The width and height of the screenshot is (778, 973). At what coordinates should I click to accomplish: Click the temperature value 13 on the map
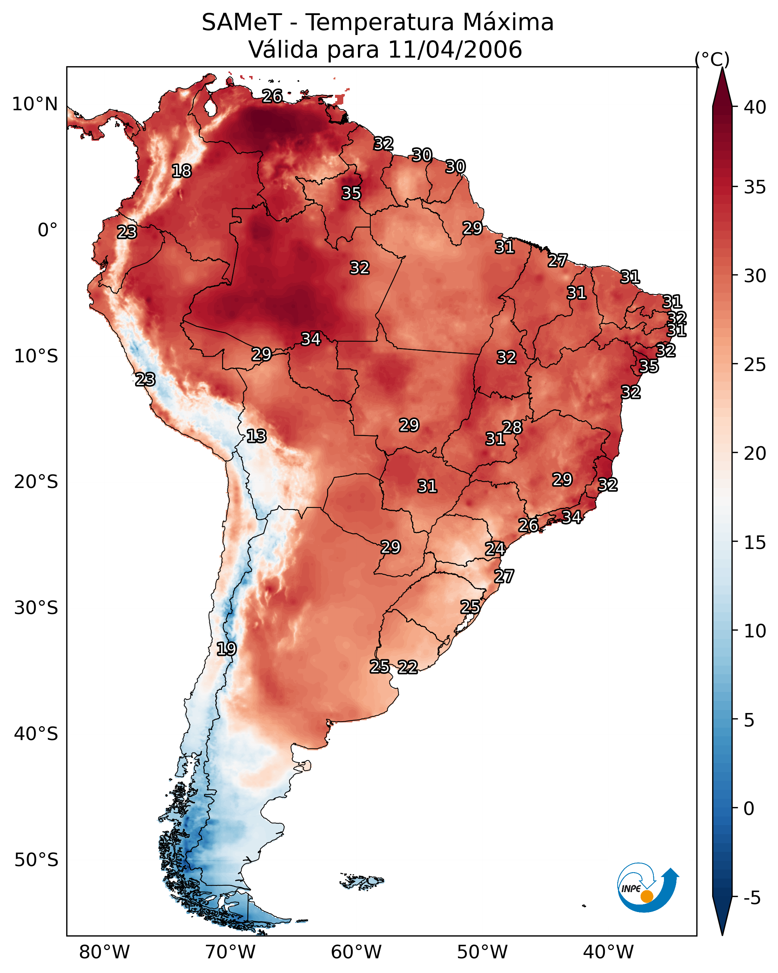tap(256, 436)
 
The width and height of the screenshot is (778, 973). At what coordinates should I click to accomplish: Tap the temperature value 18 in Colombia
tap(181, 171)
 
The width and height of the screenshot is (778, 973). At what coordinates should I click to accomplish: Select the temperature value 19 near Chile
tap(226, 649)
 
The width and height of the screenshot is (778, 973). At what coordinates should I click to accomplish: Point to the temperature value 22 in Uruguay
tap(407, 667)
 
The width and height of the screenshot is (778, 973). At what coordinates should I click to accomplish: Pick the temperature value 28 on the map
tap(512, 427)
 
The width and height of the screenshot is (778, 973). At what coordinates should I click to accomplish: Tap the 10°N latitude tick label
tap(35, 104)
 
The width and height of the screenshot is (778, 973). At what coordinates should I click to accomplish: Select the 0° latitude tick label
tap(47, 230)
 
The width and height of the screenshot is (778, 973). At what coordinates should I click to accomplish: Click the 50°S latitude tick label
tap(36, 860)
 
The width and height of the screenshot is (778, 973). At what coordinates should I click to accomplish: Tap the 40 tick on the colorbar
tap(755, 107)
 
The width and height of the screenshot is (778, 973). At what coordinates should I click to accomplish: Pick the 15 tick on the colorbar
tap(755, 542)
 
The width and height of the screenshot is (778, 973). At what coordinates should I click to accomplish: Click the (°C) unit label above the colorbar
tap(712, 59)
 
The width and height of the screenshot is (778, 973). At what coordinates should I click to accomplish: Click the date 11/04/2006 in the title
tap(455, 50)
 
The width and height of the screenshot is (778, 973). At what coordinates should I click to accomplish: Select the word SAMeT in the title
tap(242, 23)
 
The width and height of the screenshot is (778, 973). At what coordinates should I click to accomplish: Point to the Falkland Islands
tap(362, 880)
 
